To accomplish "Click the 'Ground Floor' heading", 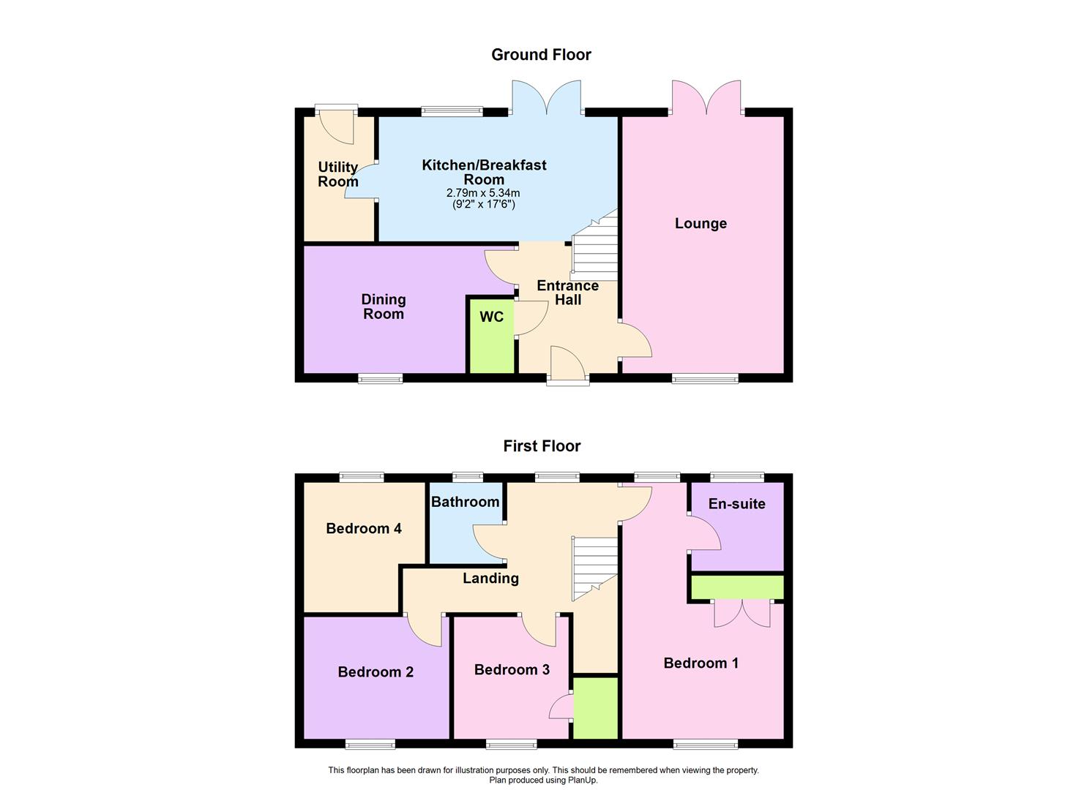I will [541, 55].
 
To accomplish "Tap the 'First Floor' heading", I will [542, 446].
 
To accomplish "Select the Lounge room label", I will [701, 224].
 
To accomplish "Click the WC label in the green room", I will [491, 317].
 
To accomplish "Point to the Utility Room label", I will [338, 175].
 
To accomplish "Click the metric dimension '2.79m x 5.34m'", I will [483, 193].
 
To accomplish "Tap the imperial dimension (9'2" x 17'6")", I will [483, 205].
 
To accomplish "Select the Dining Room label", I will [384, 306].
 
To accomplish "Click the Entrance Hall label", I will [567, 293].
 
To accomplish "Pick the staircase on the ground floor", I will [594, 249].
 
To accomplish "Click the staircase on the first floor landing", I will [594, 567].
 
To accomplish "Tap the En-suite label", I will [736, 504].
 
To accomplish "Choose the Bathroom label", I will [465, 502].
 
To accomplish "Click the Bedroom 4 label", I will [364, 529].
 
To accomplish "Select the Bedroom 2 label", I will [376, 672].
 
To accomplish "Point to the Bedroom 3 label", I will [512, 670].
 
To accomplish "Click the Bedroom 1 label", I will [701, 663].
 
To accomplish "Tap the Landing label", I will [490, 579].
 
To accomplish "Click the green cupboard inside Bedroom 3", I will [595, 708].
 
